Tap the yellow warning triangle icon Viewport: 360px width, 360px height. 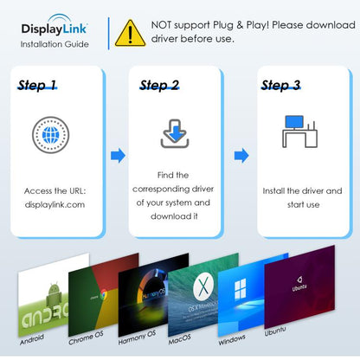click(x=130, y=33)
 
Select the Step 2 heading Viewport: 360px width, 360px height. click(x=159, y=86)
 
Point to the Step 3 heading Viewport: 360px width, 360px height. click(x=280, y=86)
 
